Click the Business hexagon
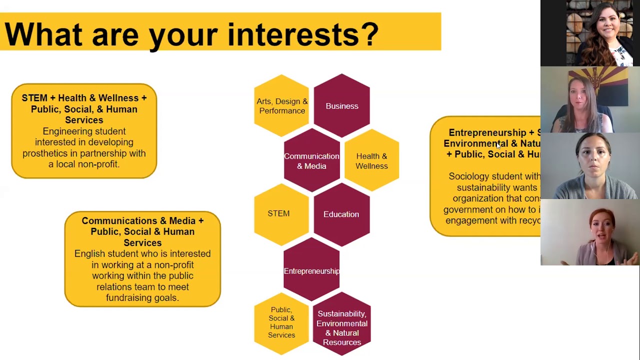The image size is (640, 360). click(x=342, y=106)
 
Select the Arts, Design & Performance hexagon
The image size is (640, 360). click(x=282, y=106)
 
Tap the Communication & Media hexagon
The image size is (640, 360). click(x=311, y=161)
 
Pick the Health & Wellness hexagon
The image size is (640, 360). click(x=371, y=161)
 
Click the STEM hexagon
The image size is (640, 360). click(x=279, y=214)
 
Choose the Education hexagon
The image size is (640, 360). click(x=341, y=214)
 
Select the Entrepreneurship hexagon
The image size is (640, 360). click(x=311, y=270)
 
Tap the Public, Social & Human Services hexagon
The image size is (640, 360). click(x=281, y=322)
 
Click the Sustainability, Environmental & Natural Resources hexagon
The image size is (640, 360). click(x=342, y=327)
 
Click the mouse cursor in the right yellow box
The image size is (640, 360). click(x=498, y=145)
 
